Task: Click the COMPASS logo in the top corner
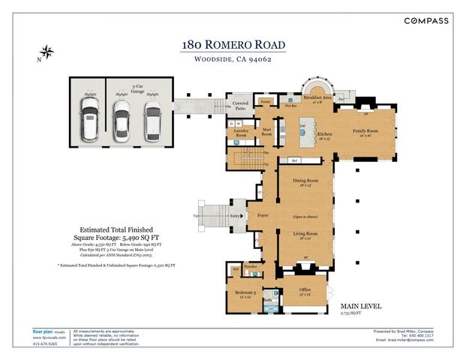click(427, 21)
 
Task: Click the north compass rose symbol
click(47, 52)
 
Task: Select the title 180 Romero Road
click(233, 46)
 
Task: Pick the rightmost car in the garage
click(153, 122)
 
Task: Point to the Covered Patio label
click(240, 106)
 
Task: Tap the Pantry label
click(265, 100)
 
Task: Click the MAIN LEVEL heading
click(361, 306)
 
